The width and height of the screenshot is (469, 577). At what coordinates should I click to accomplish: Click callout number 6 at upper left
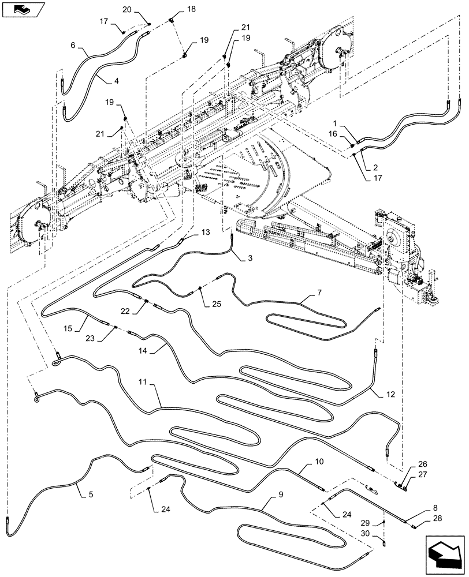coord(73,44)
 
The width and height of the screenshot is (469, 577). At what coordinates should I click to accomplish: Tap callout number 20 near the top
coord(127,9)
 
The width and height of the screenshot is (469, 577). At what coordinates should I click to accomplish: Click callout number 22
coord(124,312)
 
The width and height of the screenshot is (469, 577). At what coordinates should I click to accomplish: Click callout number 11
coord(143,382)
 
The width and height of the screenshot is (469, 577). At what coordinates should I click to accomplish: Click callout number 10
coord(319,463)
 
